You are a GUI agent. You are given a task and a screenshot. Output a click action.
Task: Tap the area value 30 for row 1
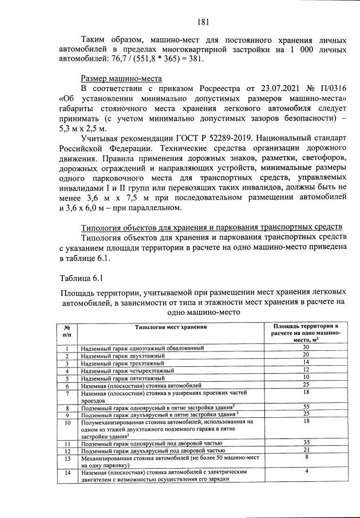[306, 347]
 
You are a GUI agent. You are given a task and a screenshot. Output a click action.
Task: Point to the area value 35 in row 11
[306, 442]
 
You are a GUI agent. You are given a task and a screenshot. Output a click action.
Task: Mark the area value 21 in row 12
[306, 450]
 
